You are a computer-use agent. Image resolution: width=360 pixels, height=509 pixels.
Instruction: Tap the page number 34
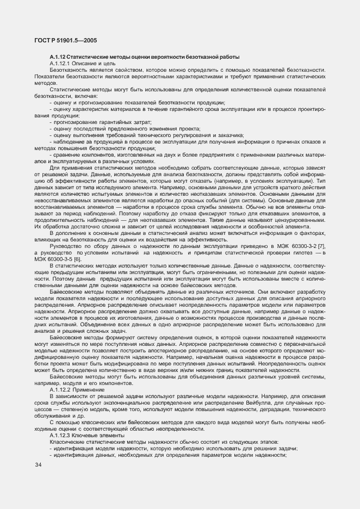click(38, 465)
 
